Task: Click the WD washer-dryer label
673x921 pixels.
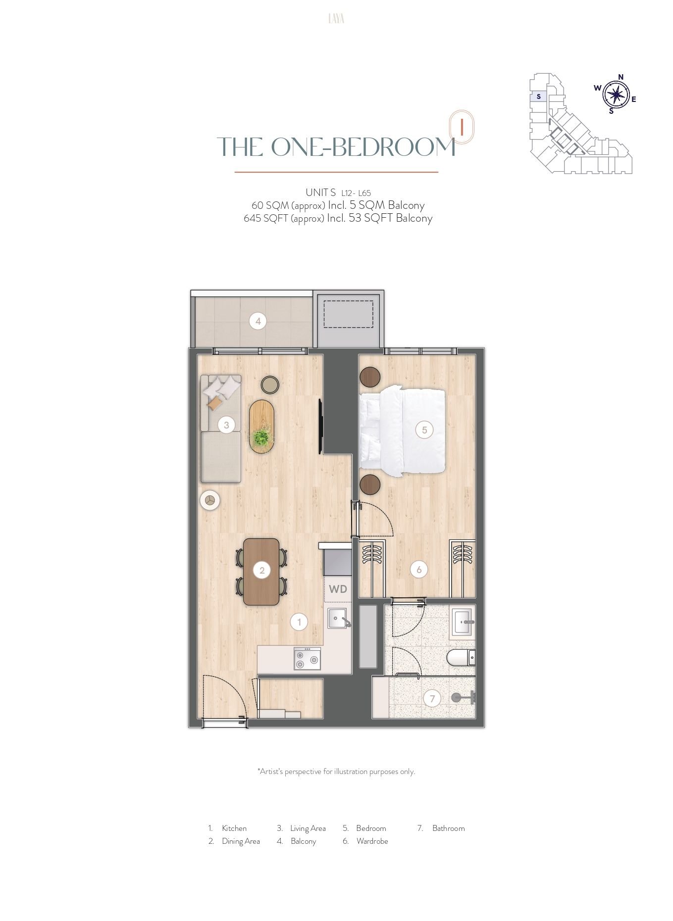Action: [338, 589]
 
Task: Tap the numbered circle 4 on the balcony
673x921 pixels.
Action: [258, 321]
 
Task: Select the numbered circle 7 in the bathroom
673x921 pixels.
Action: [432, 699]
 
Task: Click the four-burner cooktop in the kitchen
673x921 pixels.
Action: [307, 659]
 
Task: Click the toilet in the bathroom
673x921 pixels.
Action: [461, 658]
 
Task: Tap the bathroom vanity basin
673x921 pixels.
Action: [463, 622]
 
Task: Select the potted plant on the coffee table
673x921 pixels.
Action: [260, 437]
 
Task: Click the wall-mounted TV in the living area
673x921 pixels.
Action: [320, 426]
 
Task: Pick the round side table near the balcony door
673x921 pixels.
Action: [270, 385]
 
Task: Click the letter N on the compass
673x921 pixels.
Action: [621, 77]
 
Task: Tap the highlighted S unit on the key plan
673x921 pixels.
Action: [539, 97]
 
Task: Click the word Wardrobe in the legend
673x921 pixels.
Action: [372, 841]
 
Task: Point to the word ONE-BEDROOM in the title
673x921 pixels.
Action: [363, 147]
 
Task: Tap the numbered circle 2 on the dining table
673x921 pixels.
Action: [261, 570]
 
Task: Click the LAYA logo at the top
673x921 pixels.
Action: [336, 19]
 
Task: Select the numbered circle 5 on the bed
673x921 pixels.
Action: [424, 430]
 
